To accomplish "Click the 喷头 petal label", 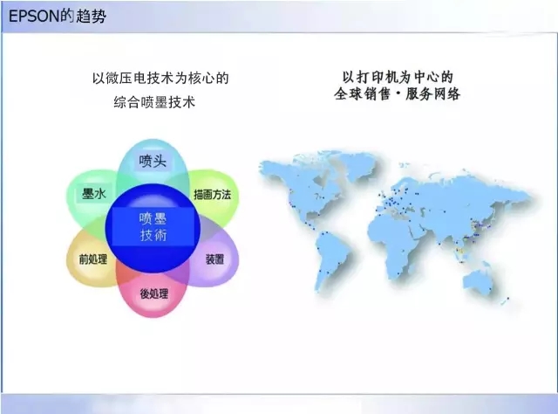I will (152, 161).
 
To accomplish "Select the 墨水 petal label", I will (93, 194).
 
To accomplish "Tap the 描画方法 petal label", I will (212, 194).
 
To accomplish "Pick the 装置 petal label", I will (214, 259).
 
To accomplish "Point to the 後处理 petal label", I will (153, 293).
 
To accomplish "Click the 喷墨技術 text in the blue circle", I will (153, 226).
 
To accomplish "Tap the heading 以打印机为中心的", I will (397, 76).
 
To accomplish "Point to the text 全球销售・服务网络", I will (397, 93).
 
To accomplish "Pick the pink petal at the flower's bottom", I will (153, 301).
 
